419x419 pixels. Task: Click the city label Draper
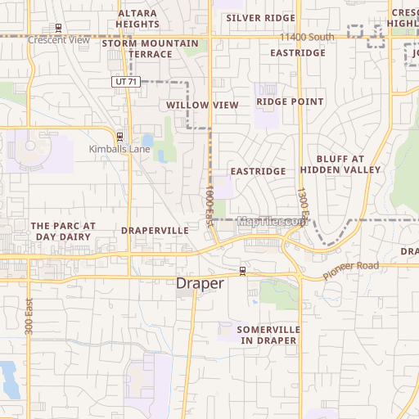(x=200, y=283)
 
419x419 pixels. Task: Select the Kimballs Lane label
(x=119, y=150)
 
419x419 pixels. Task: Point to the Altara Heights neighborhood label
(x=137, y=19)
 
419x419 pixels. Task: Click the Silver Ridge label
(x=260, y=18)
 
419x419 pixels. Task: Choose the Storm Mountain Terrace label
(x=150, y=48)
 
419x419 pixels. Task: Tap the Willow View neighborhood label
(x=202, y=106)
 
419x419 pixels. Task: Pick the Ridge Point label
(x=290, y=102)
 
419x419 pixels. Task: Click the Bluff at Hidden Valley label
(x=340, y=164)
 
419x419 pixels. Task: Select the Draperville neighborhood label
(x=155, y=231)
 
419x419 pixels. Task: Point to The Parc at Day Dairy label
(x=63, y=231)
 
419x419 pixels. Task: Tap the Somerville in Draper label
(x=268, y=335)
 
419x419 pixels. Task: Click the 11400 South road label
(x=307, y=38)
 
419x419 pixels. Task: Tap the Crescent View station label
(x=58, y=39)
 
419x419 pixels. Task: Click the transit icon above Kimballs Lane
(x=119, y=136)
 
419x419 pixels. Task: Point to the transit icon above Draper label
(x=243, y=270)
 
